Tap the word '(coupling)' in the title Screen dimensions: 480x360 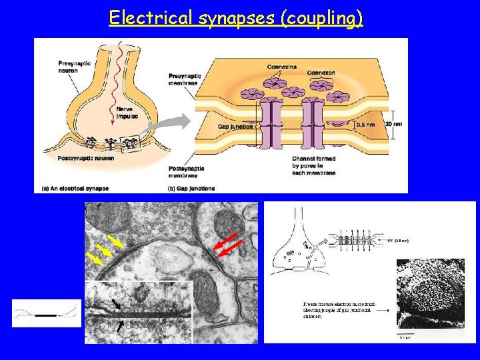[x=323, y=17]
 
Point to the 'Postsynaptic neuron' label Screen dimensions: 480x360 [x=85, y=158]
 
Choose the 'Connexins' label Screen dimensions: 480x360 [x=283, y=67]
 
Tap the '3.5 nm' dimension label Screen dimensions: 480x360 [x=367, y=124]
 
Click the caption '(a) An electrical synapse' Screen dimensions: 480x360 [x=71, y=188]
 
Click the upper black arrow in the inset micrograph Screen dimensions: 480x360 [x=117, y=303]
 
